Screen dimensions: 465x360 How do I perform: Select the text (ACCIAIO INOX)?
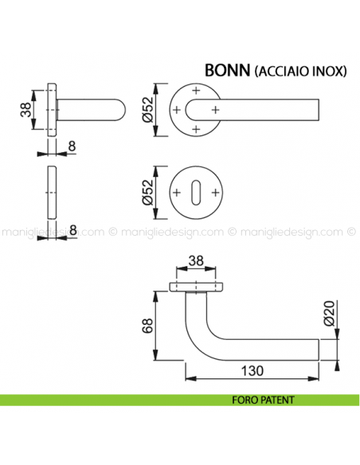(x=300, y=71)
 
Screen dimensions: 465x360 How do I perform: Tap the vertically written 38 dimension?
(x=25, y=110)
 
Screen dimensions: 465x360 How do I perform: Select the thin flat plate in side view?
(x=53, y=193)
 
